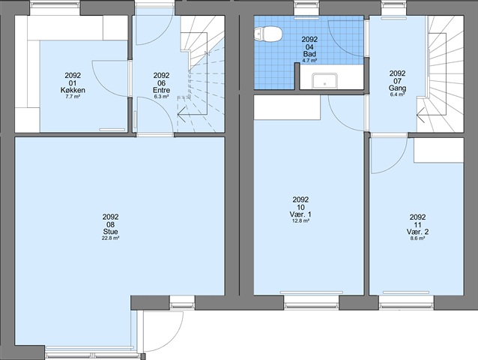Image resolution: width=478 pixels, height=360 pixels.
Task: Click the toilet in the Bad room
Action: [x=267, y=33]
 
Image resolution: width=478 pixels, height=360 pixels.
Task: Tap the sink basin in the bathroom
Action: [x=324, y=81]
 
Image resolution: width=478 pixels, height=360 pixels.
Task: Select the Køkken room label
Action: [x=73, y=90]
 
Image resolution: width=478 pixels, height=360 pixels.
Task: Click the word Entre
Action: [x=161, y=90]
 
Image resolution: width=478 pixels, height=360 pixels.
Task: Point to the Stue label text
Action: [x=110, y=232]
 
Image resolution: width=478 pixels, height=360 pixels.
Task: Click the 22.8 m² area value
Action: [x=110, y=238]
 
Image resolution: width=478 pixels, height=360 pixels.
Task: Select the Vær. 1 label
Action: [x=301, y=214]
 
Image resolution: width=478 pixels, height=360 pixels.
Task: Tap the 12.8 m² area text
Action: [x=301, y=221]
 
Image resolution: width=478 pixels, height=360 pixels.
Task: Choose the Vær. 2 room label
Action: [x=417, y=232]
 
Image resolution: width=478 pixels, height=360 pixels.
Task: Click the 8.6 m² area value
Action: [x=417, y=238]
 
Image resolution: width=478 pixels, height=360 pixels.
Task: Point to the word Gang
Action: [x=397, y=88]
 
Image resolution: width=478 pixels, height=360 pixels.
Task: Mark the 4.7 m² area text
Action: [x=309, y=61]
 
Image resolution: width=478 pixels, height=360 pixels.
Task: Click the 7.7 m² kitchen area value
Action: [x=73, y=97]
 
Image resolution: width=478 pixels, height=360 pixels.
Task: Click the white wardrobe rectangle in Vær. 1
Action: [x=287, y=107]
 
